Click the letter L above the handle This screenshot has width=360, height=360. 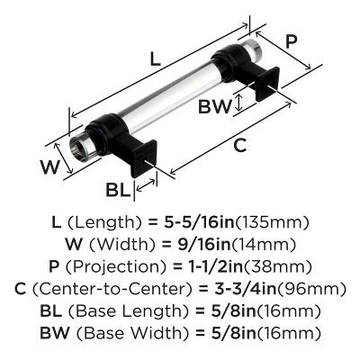pos(157,59)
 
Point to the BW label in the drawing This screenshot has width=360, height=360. pos(214,105)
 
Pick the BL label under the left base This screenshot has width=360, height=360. pos(117,190)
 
